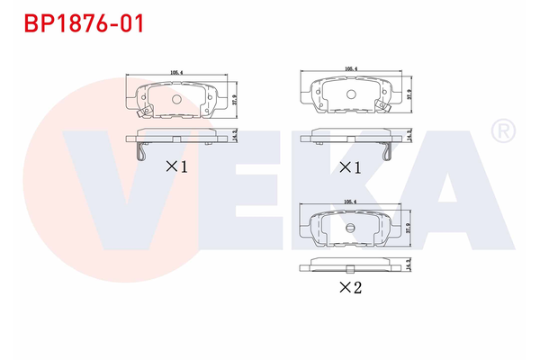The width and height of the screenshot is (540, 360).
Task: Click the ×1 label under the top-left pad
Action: [x=175, y=166]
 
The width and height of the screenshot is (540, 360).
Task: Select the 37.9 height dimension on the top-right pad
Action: [x=409, y=94]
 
